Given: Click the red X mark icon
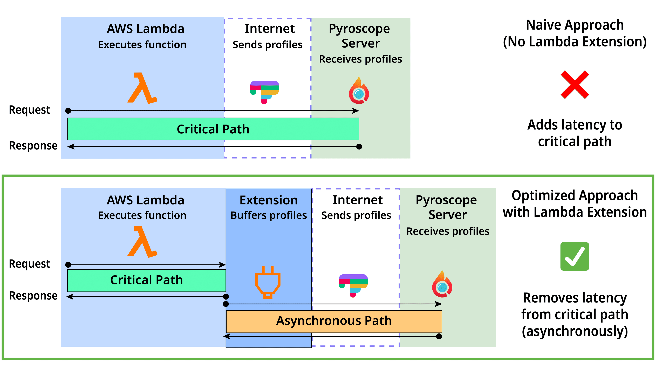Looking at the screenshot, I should (x=575, y=85).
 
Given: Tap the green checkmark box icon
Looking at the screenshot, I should (x=575, y=256).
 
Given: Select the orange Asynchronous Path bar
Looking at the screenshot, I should (x=334, y=321).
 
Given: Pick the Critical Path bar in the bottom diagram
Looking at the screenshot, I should (x=146, y=280).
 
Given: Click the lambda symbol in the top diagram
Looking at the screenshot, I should (x=142, y=88).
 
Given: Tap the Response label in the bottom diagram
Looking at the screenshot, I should (x=33, y=296).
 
